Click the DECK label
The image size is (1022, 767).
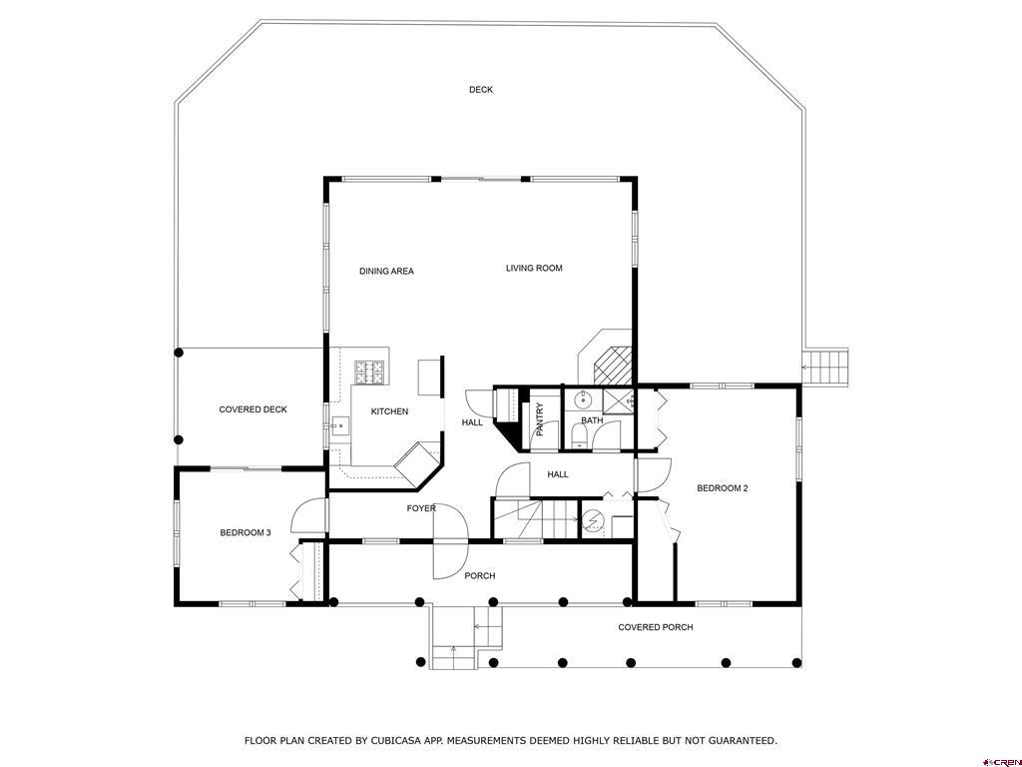click(481, 89)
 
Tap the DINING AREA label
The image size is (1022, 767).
click(386, 271)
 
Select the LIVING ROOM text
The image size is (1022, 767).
click(534, 268)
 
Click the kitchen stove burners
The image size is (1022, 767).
click(369, 373)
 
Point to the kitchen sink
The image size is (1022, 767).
click(339, 425)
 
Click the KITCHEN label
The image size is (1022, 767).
click(390, 410)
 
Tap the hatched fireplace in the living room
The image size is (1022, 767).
click(613, 365)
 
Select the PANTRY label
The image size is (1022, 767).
click(540, 419)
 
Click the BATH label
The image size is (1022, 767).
click(592, 420)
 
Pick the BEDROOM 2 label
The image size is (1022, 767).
click(723, 487)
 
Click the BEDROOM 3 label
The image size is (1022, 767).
click(246, 532)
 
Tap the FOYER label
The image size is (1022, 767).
click(421, 508)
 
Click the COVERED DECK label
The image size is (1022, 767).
click(253, 409)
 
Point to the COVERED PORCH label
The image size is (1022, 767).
click(656, 627)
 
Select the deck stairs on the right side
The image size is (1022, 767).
click(825, 368)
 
